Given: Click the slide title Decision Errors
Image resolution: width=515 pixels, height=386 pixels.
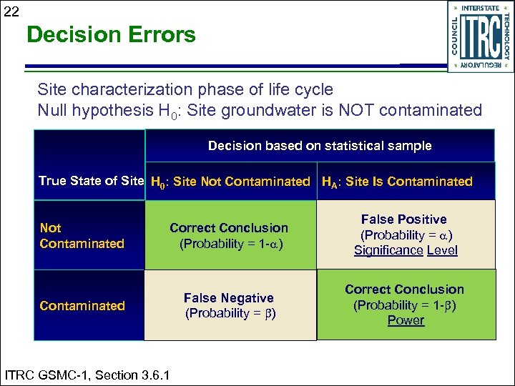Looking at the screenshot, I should coord(111,34).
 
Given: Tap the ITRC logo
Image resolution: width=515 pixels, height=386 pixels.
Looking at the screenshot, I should coord(480,36).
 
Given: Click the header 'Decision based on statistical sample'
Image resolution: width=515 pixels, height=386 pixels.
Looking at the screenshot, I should coord(320,146).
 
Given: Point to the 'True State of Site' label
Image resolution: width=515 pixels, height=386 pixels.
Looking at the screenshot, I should coord(91,181).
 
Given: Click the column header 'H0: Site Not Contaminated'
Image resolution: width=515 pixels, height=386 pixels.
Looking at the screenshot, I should coord(230,182).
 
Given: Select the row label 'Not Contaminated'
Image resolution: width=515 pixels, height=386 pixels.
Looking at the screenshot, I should coord(82,236).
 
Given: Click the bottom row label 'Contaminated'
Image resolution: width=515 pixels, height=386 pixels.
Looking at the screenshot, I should coord(82,306).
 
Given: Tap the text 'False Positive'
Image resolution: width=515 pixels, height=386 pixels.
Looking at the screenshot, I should coord(404,219).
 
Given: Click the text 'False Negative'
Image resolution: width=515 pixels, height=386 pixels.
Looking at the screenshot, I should coord(229,298).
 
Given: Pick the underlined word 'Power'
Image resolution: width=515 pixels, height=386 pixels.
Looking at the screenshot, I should coord(406,320).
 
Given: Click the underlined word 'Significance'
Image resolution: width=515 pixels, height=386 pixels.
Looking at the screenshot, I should coord(388,250).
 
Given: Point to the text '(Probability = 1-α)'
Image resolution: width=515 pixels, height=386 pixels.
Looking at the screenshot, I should coord(230,243).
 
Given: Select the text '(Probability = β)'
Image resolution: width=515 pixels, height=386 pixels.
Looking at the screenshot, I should coord(230,313).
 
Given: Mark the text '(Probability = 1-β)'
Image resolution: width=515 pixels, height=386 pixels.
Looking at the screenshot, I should coord(405,305).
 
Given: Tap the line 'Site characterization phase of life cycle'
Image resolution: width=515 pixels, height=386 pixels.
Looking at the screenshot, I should coord(185,89).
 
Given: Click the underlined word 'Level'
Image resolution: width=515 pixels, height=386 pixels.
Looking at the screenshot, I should coord(442,250).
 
